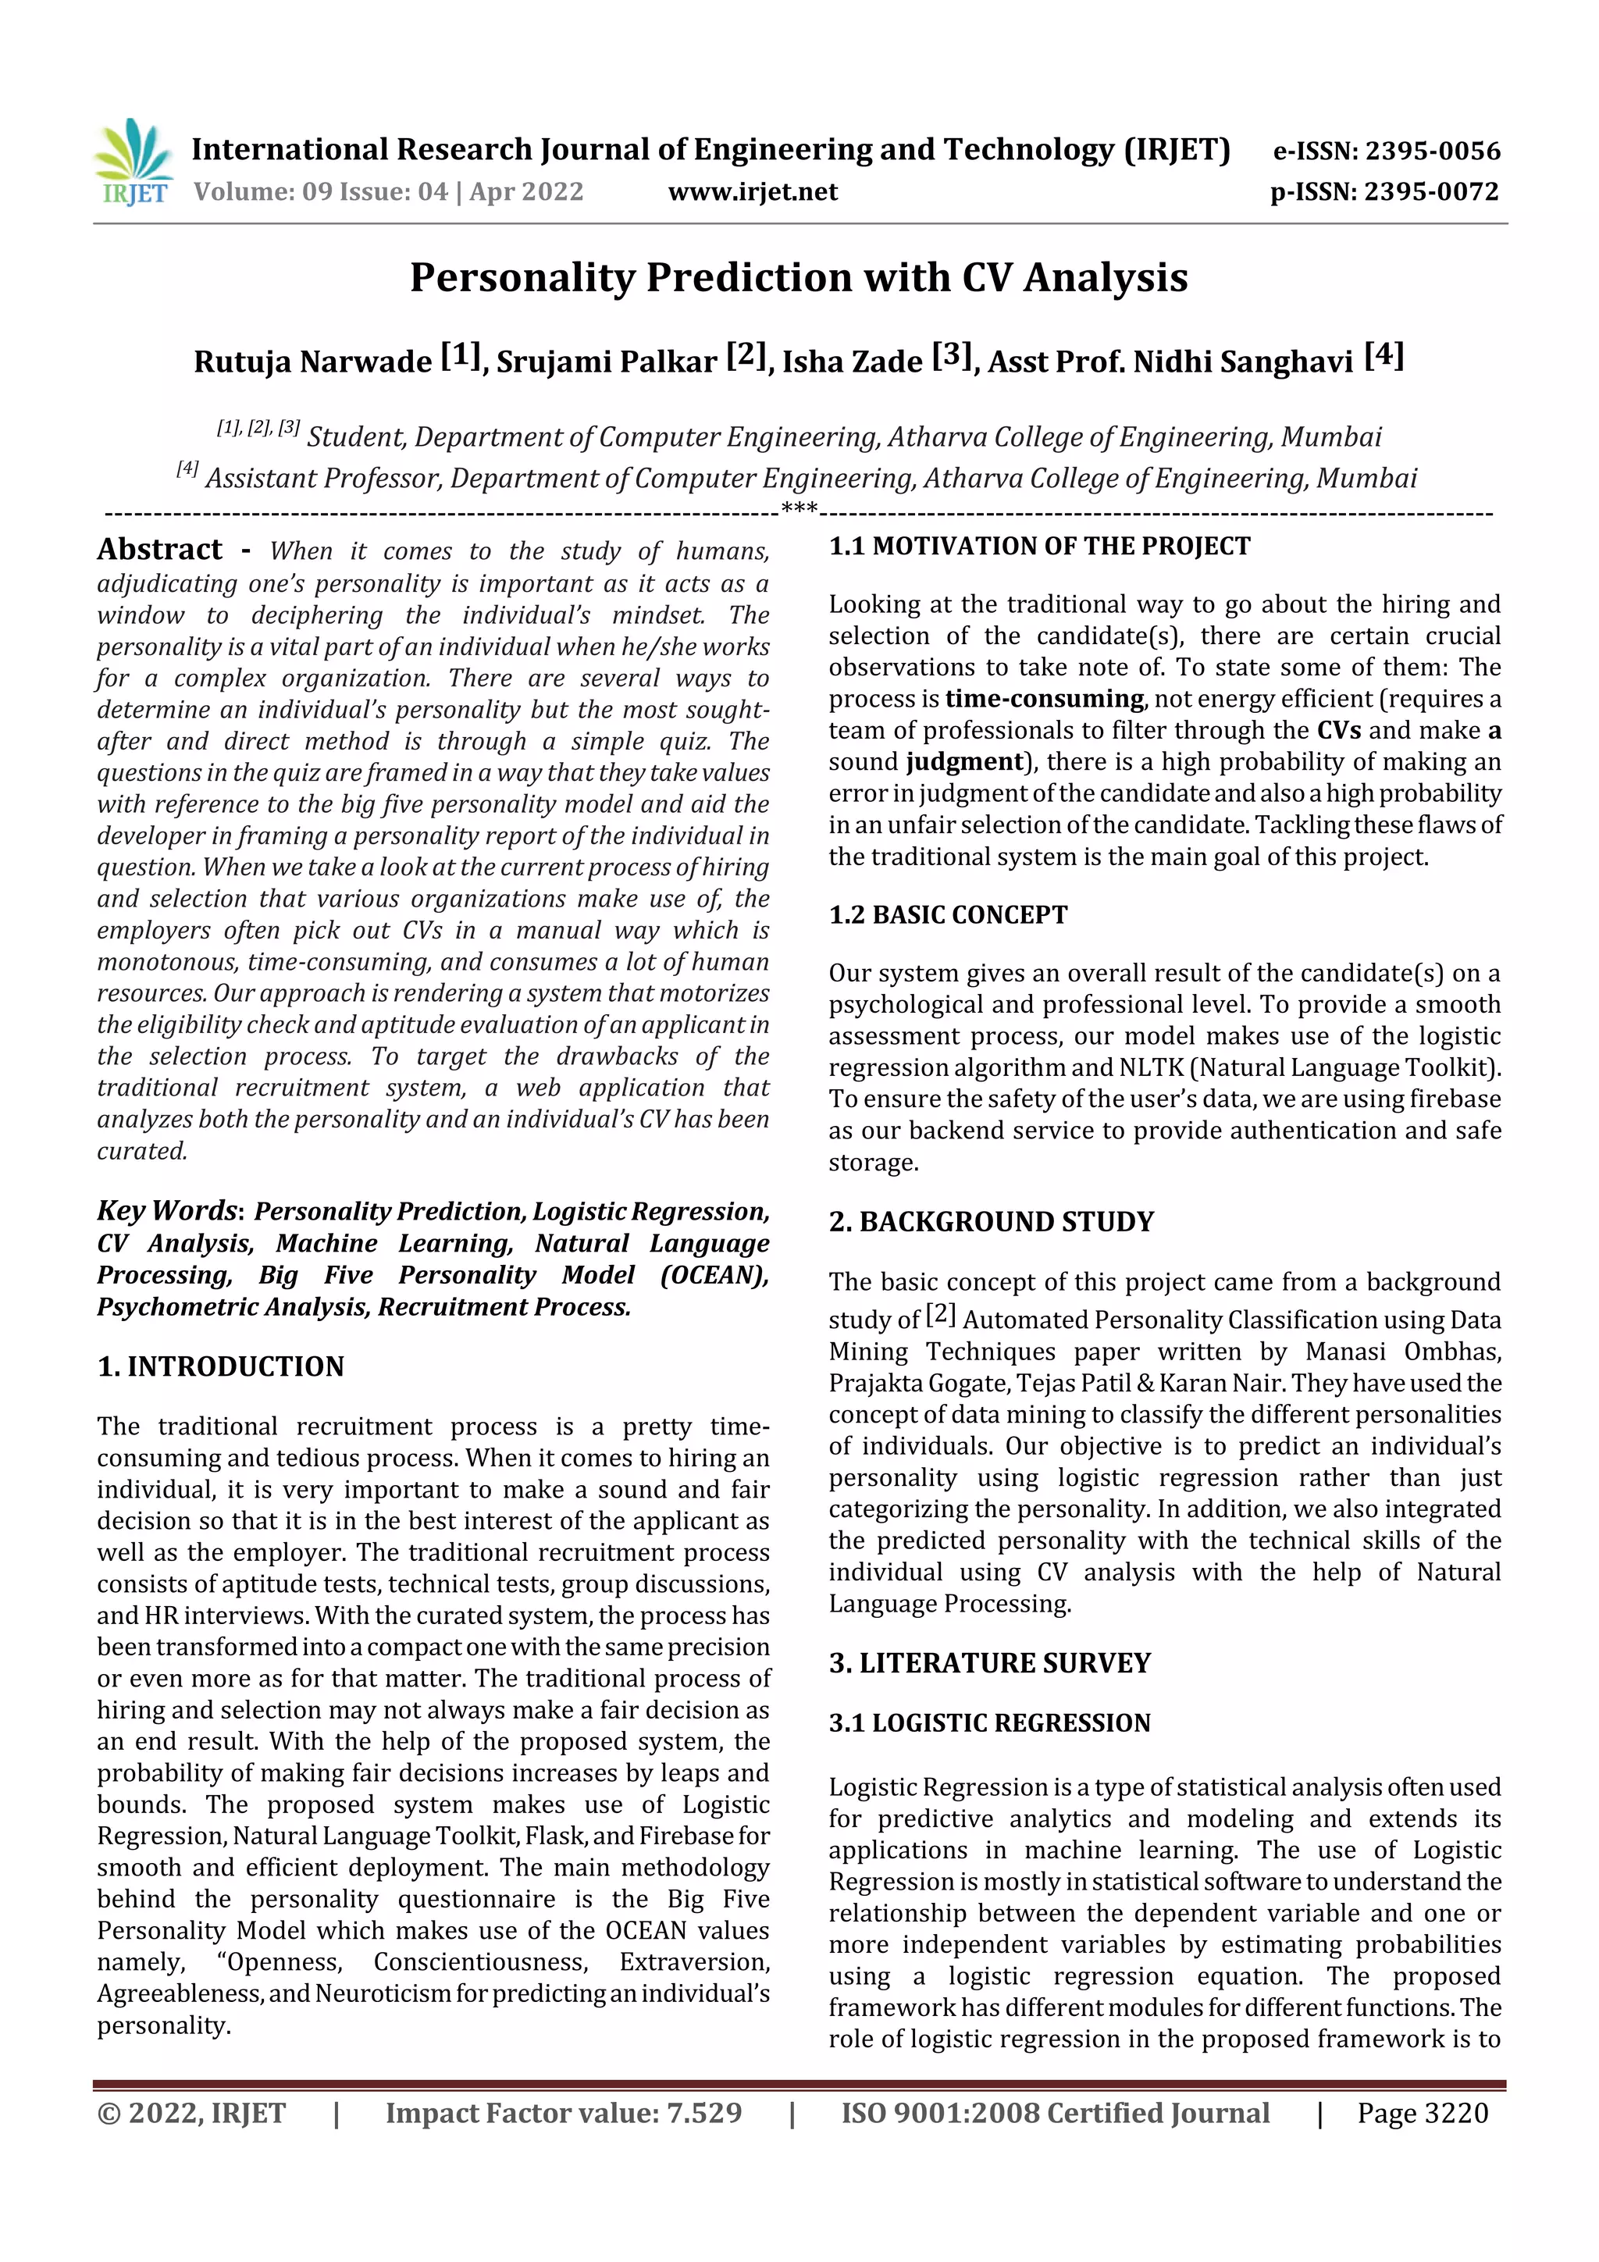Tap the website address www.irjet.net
753,192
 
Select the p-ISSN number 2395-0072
1430,192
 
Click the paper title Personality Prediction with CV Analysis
798,278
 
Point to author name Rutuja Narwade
312,362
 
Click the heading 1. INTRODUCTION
221,1366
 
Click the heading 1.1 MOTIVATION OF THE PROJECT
1039,547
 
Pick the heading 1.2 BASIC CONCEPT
948,915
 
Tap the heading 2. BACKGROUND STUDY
990,1222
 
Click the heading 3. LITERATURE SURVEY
989,1663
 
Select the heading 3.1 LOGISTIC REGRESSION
989,1723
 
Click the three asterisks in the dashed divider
798,509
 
